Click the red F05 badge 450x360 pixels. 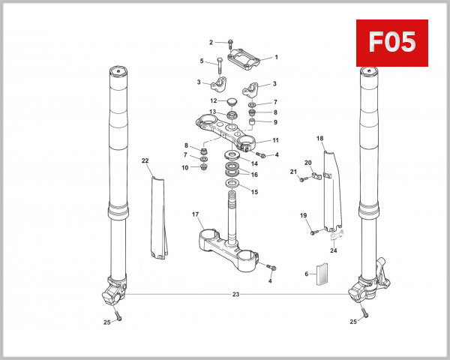click(391, 42)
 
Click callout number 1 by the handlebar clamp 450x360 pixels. click(276, 57)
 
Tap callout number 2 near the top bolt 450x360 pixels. click(211, 42)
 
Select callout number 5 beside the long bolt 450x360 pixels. click(202, 61)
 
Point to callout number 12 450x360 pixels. click(213, 100)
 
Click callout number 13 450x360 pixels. click(213, 112)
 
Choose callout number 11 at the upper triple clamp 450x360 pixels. click(276, 140)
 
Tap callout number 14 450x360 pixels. click(254, 163)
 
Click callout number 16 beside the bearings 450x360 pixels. click(254, 175)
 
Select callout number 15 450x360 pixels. click(254, 192)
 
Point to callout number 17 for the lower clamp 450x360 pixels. click(196, 215)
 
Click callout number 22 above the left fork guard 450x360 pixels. click(145, 160)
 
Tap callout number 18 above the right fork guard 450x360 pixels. click(320, 139)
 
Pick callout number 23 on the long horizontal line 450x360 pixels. click(235, 295)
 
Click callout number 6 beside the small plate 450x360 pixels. click(306, 274)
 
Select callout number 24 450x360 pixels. click(334, 250)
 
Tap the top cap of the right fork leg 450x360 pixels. click(367, 72)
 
